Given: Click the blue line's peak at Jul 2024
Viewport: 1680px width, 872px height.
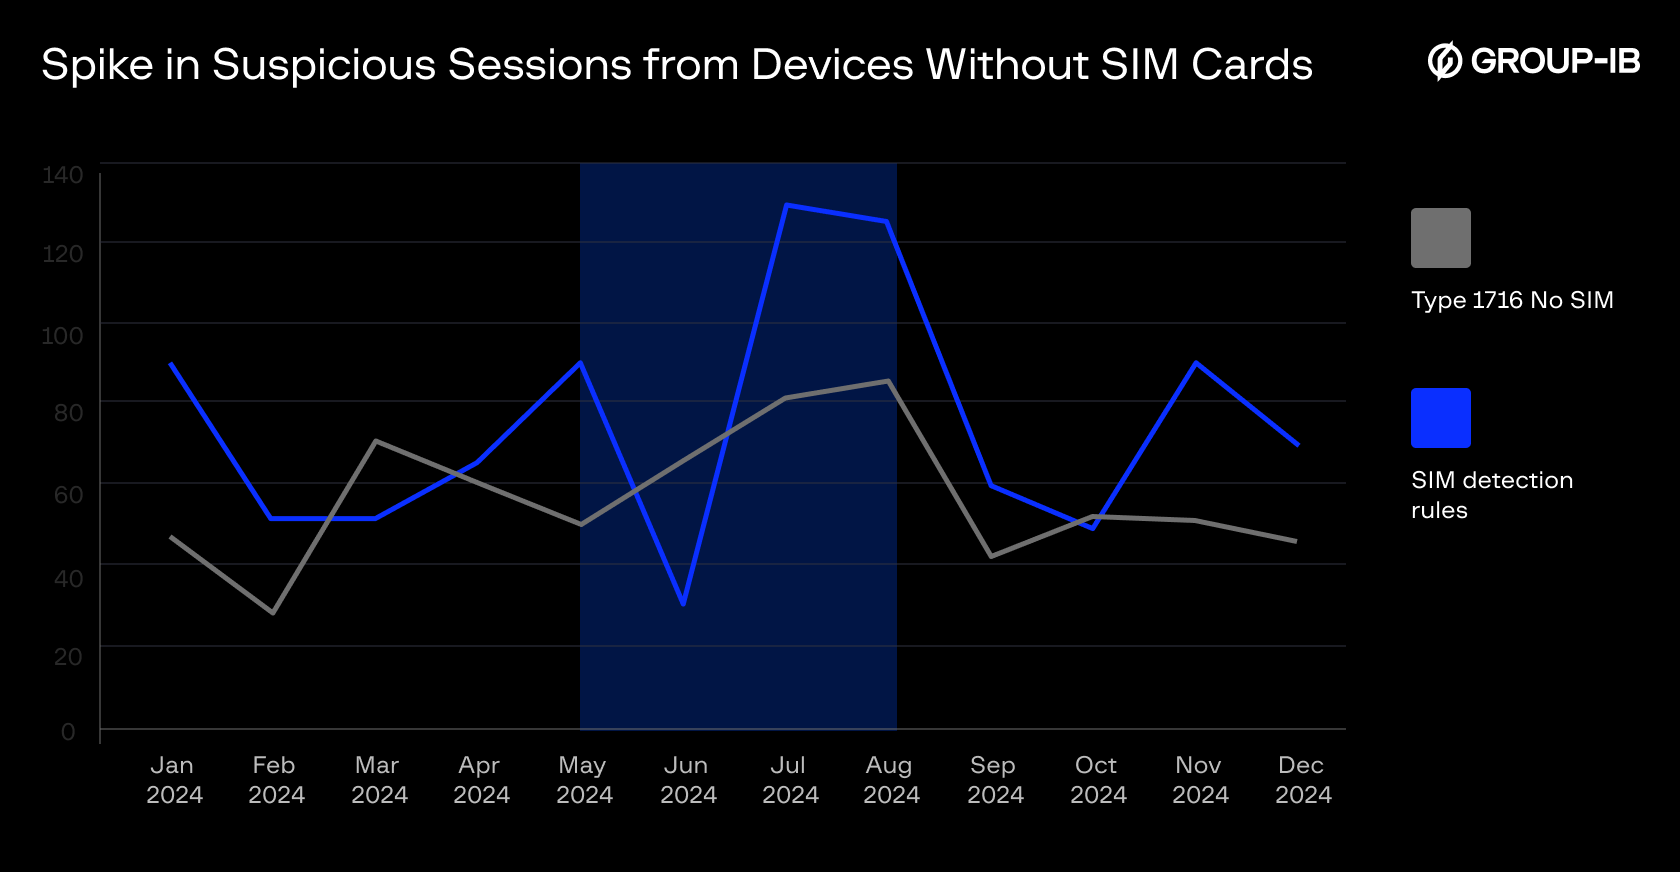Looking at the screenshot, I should tap(787, 205).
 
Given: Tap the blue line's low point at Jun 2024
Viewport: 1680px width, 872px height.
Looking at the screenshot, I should tap(683, 604).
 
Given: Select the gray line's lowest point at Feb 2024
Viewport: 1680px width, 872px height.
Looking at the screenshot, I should tap(273, 612).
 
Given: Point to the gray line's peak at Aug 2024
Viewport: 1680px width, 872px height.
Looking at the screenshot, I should tap(888, 381).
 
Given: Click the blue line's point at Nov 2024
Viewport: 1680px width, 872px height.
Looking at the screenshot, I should tap(1196, 363).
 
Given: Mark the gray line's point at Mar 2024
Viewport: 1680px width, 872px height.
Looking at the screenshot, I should tap(375, 441).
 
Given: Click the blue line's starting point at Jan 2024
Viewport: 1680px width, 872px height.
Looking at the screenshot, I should tap(171, 364).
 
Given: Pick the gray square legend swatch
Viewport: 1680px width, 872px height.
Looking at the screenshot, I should tap(1440, 238).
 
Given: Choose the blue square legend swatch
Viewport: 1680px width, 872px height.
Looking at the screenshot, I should tap(1440, 418).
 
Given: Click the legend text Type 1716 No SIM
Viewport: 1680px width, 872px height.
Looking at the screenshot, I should tap(1512, 300).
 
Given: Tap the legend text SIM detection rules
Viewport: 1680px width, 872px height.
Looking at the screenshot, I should tap(1491, 495).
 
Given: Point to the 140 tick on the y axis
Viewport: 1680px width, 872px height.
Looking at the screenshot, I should tap(63, 175).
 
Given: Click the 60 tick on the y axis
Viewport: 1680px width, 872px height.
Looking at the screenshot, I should tap(68, 494).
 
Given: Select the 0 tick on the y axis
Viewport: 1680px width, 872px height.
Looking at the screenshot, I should tap(68, 732).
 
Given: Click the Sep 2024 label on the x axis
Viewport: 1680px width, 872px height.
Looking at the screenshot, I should tap(994, 780).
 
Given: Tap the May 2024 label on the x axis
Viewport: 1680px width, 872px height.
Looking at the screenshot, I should tap(583, 780).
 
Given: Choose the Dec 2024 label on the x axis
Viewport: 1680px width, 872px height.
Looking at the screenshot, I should tap(1302, 780).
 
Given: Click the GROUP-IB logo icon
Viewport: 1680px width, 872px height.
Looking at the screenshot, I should tap(1444, 61).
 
